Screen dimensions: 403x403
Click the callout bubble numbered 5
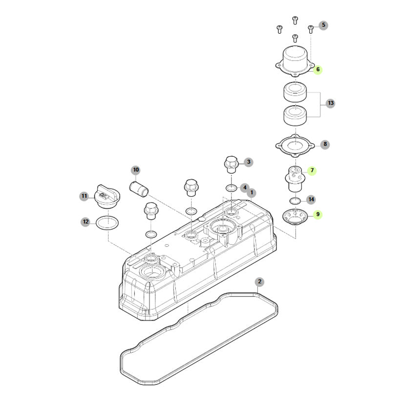coord(323,25)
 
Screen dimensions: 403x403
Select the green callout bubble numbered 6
coord(318,69)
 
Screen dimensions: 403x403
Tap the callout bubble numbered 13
coord(331,103)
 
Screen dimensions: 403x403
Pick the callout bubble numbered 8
coord(325,144)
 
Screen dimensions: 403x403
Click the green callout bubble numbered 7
coord(312,170)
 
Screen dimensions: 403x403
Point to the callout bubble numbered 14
coord(311,199)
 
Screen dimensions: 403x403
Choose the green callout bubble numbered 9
coord(318,214)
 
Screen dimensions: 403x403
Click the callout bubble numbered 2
coord(259,281)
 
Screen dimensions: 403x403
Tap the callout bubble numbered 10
coord(136,170)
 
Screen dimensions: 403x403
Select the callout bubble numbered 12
coord(85,222)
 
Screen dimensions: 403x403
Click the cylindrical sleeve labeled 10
coord(139,189)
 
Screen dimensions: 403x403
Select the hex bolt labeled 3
coord(232,165)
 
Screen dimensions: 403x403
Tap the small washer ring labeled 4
coord(232,188)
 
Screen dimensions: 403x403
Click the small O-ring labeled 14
coord(295,201)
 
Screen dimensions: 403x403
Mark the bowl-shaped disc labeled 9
coord(295,217)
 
